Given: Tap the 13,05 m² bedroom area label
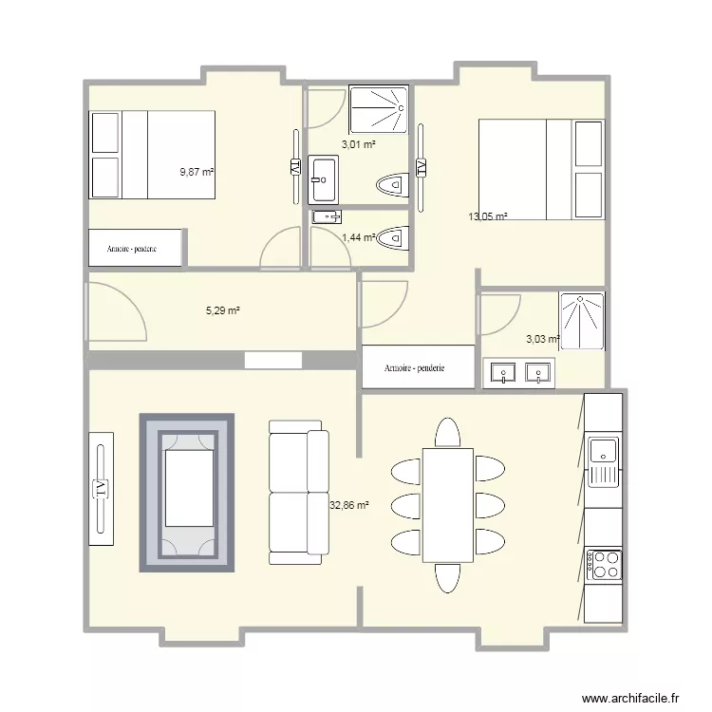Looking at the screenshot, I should [488, 216].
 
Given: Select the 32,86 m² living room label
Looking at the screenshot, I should [348, 506].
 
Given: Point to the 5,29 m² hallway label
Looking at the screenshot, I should [223, 309].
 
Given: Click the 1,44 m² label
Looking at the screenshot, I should [359, 237].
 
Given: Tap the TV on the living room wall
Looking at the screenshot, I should [100, 488].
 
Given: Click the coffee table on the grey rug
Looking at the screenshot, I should [187, 488].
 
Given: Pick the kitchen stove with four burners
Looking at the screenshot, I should [604, 566].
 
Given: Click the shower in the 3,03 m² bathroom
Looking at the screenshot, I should [581, 321].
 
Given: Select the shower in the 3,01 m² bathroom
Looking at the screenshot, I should [379, 110].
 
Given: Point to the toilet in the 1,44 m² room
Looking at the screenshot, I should [394, 238].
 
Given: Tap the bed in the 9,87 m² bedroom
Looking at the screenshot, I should [152, 154].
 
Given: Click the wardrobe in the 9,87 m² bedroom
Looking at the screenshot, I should [135, 249].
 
